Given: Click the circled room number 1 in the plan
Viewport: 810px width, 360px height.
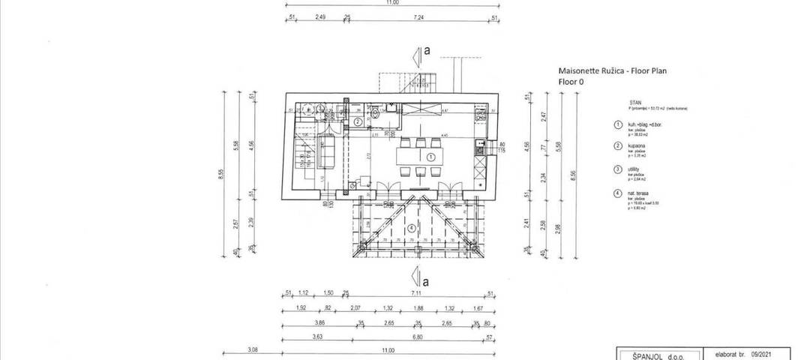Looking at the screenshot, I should click(x=430, y=157).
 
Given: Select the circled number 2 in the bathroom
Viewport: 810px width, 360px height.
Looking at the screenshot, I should click(x=358, y=121).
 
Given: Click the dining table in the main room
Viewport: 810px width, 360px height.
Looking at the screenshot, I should click(x=421, y=157).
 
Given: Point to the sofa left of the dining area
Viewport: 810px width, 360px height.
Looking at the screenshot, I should click(x=327, y=154).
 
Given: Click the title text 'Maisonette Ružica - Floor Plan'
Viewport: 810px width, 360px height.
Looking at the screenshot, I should click(x=612, y=70).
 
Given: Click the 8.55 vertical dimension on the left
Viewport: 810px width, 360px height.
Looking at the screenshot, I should click(x=220, y=175).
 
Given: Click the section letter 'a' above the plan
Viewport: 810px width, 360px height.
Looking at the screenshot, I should click(x=427, y=51).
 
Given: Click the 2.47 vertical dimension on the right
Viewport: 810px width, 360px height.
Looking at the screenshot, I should click(x=544, y=117).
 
